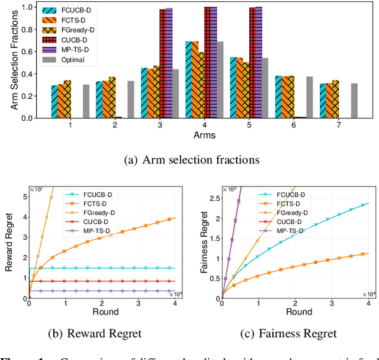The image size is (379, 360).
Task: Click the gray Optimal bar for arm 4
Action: coord(220,80)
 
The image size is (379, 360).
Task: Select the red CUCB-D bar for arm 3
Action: coord(162,64)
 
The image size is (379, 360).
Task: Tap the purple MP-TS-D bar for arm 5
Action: coord(258,63)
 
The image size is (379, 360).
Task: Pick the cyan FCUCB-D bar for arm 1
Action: coord(54,102)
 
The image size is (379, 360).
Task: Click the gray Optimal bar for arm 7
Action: coord(354,101)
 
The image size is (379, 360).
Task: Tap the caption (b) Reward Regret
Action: coord(99,333)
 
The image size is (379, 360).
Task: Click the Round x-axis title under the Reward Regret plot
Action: coord(105,312)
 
